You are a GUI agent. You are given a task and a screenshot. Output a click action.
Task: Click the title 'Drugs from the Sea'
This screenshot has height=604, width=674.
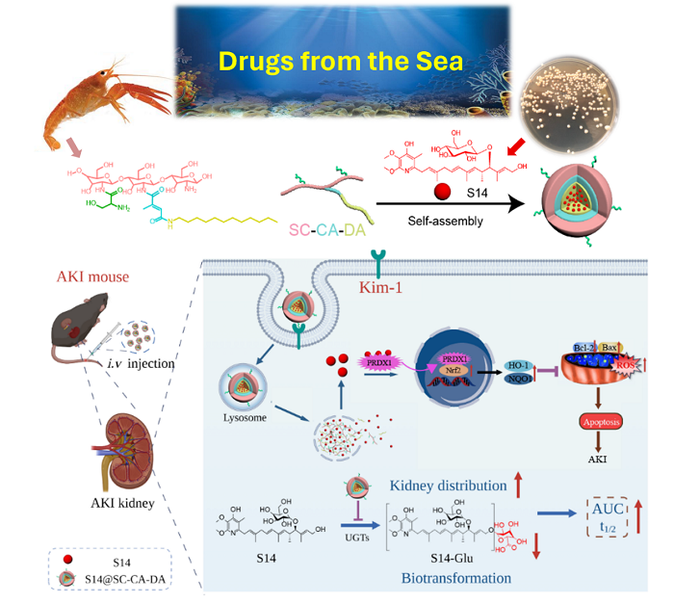341,61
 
